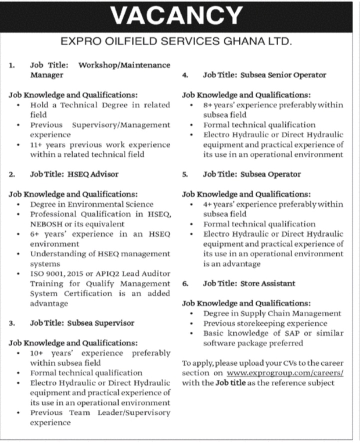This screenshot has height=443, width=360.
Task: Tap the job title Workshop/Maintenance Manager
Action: coord(100,70)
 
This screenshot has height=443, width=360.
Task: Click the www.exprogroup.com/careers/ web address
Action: coord(285,373)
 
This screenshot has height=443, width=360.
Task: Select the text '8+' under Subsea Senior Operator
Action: coord(208,105)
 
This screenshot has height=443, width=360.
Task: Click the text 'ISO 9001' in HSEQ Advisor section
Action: coord(48,273)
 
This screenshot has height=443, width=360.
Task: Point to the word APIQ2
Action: coord(115,273)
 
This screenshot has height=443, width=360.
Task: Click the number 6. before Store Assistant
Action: coord(185,283)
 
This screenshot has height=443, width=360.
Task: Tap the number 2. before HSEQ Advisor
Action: coord(12,174)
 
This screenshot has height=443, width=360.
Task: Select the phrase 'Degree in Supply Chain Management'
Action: coord(272,313)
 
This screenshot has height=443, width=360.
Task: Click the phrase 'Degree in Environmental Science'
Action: coord(91,204)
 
